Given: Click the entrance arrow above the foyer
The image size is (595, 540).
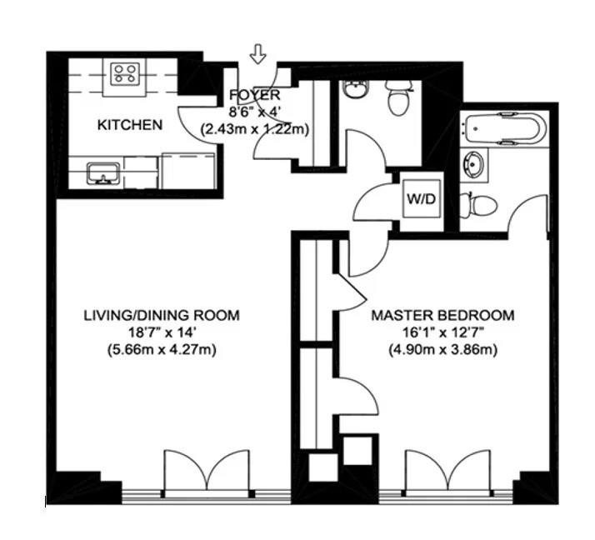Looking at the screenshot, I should coord(258,55).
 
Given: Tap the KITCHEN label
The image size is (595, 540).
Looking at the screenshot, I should coord(130,125).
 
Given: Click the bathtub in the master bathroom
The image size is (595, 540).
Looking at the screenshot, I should coord(506,128).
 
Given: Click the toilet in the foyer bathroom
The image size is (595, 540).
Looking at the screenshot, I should coord(397,100).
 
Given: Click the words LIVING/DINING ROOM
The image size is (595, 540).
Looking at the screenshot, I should coord(162,316).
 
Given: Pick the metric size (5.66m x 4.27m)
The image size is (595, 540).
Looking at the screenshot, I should coord(162,349).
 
